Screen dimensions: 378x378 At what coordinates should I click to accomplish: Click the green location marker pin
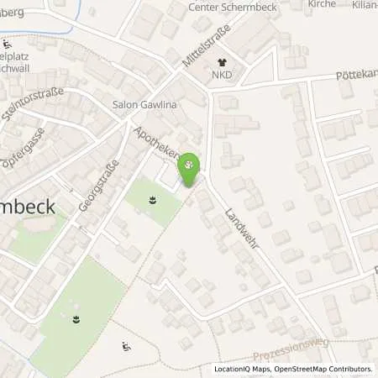tap(192, 168)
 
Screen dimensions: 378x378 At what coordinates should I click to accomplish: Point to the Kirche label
tap(322, 3)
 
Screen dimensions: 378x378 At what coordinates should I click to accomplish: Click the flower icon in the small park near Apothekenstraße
tap(152, 200)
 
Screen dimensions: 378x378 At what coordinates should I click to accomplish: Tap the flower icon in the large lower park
tap(76, 318)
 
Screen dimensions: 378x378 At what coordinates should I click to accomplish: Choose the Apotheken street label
tap(158, 144)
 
